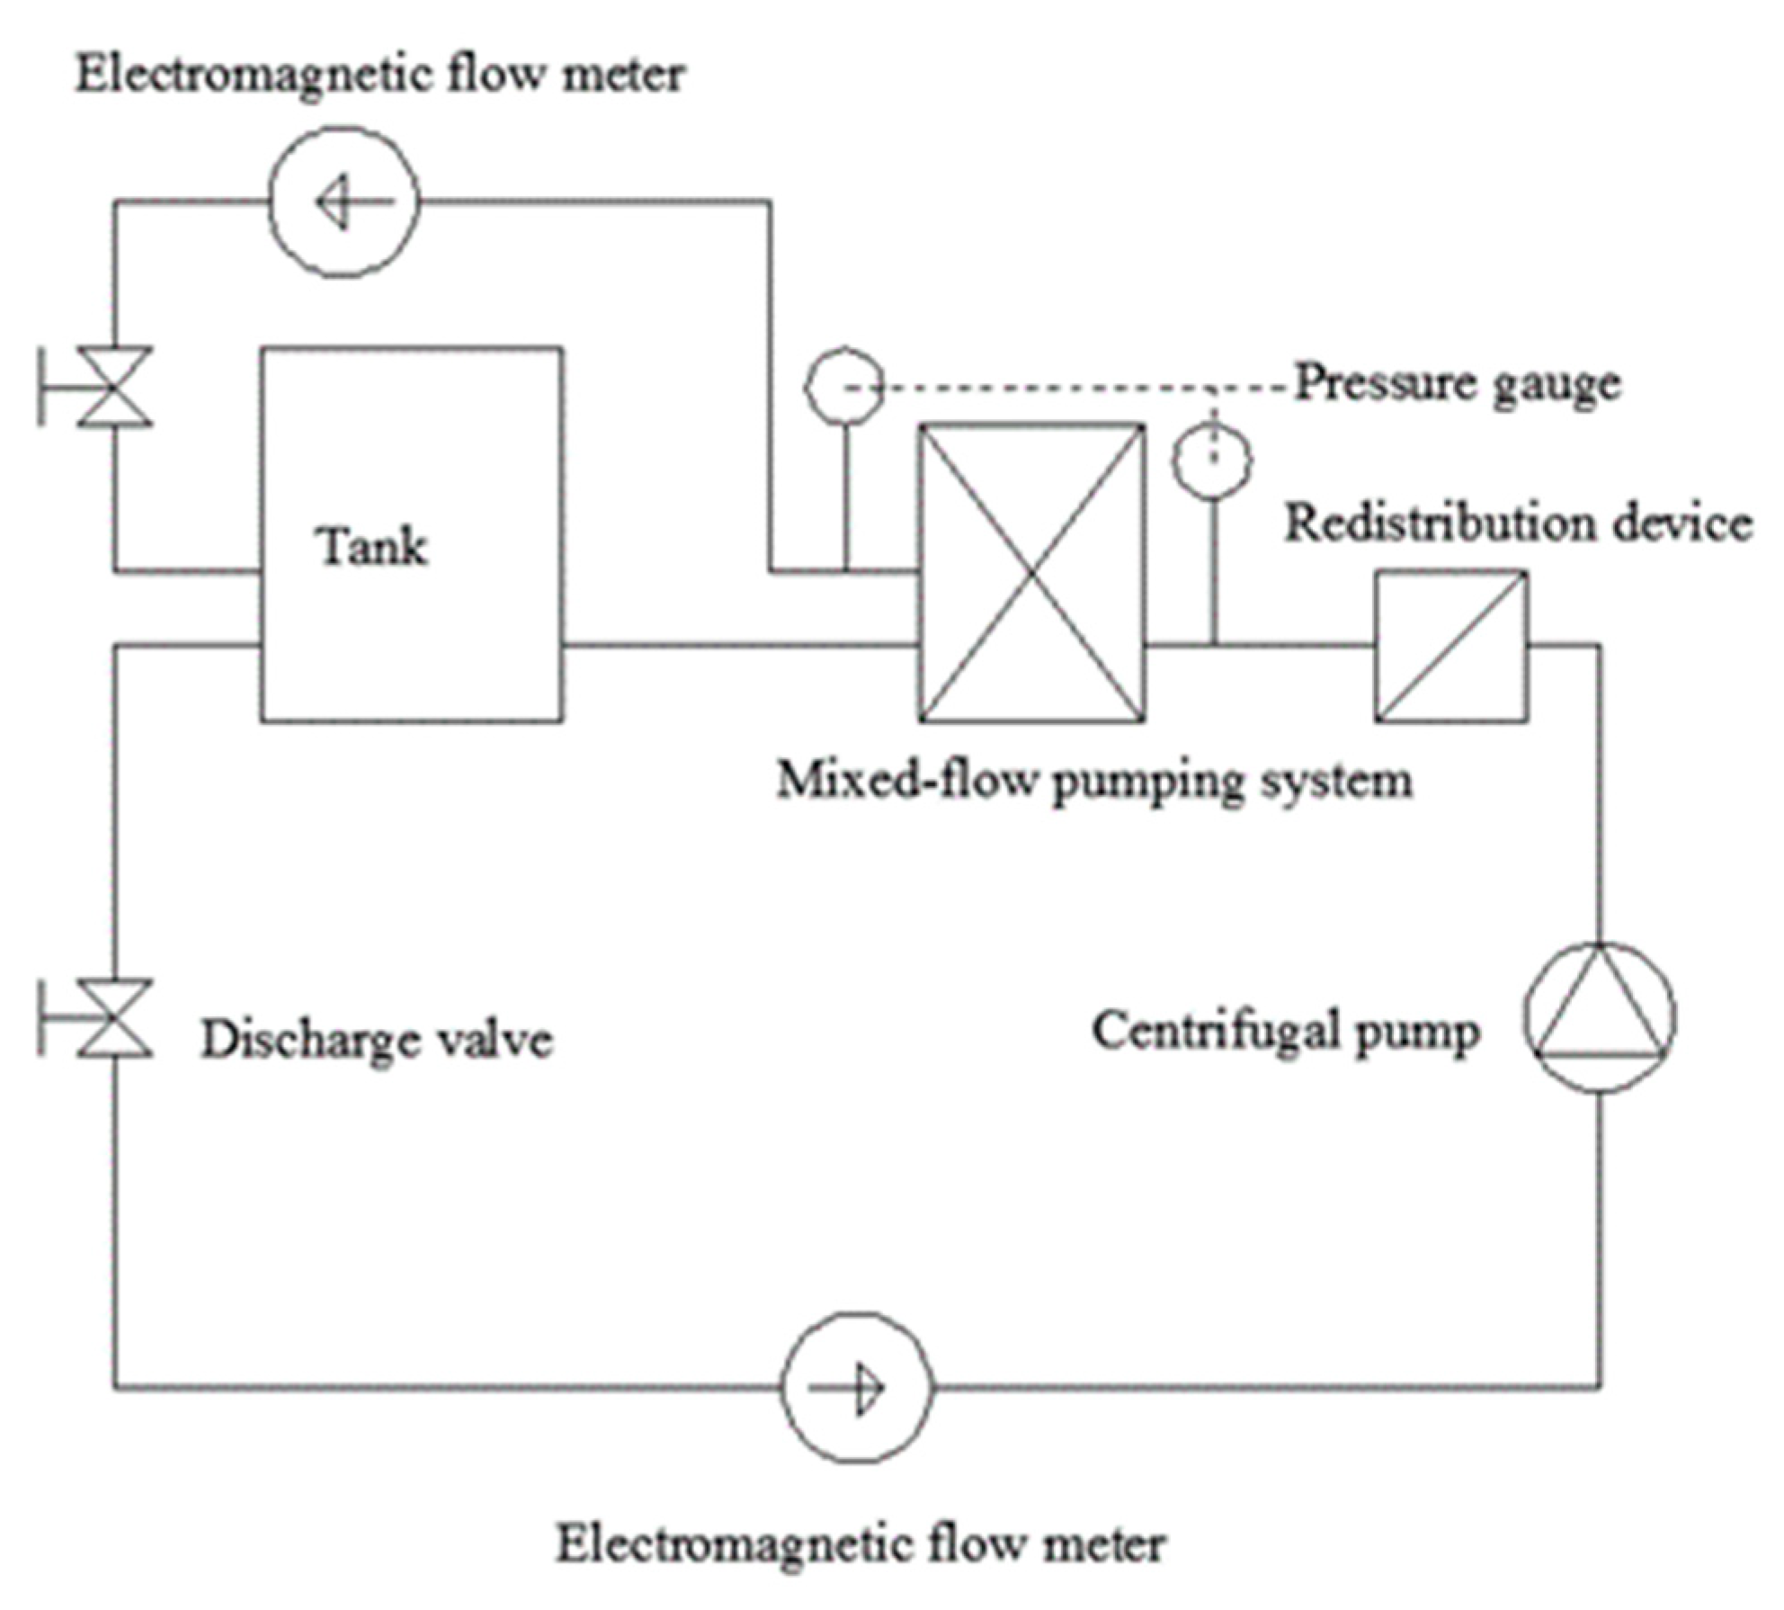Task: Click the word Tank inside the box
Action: point(370,546)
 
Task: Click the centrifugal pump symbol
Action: point(1600,1017)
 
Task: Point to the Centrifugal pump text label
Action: point(1286,1033)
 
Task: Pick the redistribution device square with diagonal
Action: point(1451,646)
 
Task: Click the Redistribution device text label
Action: point(1518,523)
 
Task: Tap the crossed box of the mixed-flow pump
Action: point(1031,573)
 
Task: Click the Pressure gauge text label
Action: point(1458,384)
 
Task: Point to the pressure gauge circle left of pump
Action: point(843,387)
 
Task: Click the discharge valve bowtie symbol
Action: point(114,1017)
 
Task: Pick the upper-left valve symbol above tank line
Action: point(114,386)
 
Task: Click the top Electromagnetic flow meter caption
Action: point(379,75)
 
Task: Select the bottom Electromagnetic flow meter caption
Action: point(861,1543)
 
